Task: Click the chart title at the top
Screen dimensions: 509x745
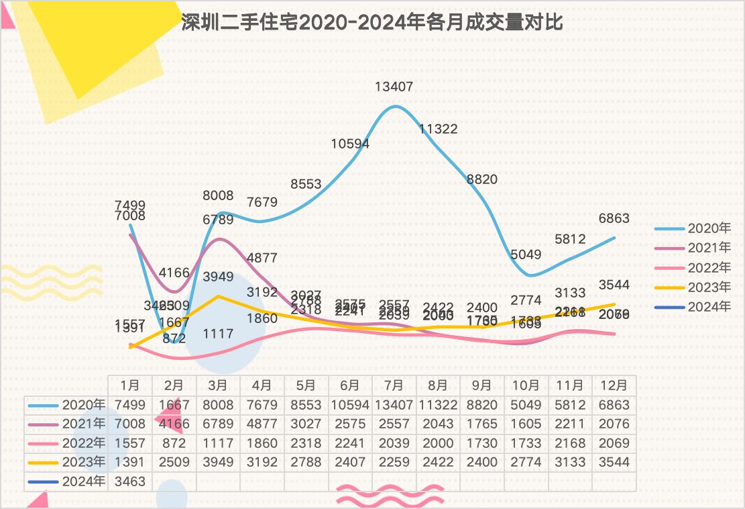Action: tap(372, 23)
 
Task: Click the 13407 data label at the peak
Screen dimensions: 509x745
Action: tap(394, 87)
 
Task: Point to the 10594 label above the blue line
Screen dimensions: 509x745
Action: tap(350, 144)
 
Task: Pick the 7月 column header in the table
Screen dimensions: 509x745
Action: tap(394, 385)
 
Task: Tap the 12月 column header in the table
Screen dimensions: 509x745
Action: tap(614, 385)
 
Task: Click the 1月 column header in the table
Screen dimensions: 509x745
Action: tap(130, 385)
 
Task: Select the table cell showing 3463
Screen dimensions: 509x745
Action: tap(130, 481)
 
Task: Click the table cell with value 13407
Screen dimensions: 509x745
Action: tap(394, 405)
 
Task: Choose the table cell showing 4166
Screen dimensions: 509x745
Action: tap(174, 424)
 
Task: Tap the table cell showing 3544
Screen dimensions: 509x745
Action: tap(614, 462)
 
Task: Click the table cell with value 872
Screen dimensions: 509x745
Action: tap(174, 443)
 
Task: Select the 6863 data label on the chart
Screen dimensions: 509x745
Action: tap(614, 219)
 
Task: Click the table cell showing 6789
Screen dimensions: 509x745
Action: tap(218, 424)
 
